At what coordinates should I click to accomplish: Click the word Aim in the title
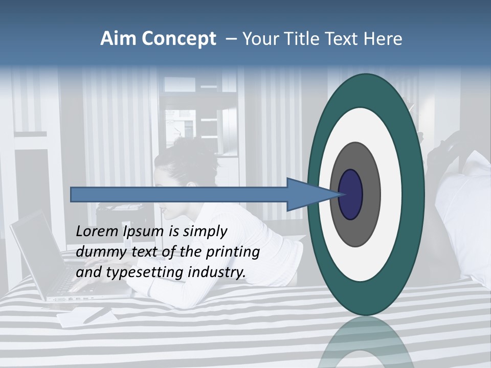click(118, 39)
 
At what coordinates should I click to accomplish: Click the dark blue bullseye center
click(351, 194)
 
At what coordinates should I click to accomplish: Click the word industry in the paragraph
click(217, 272)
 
